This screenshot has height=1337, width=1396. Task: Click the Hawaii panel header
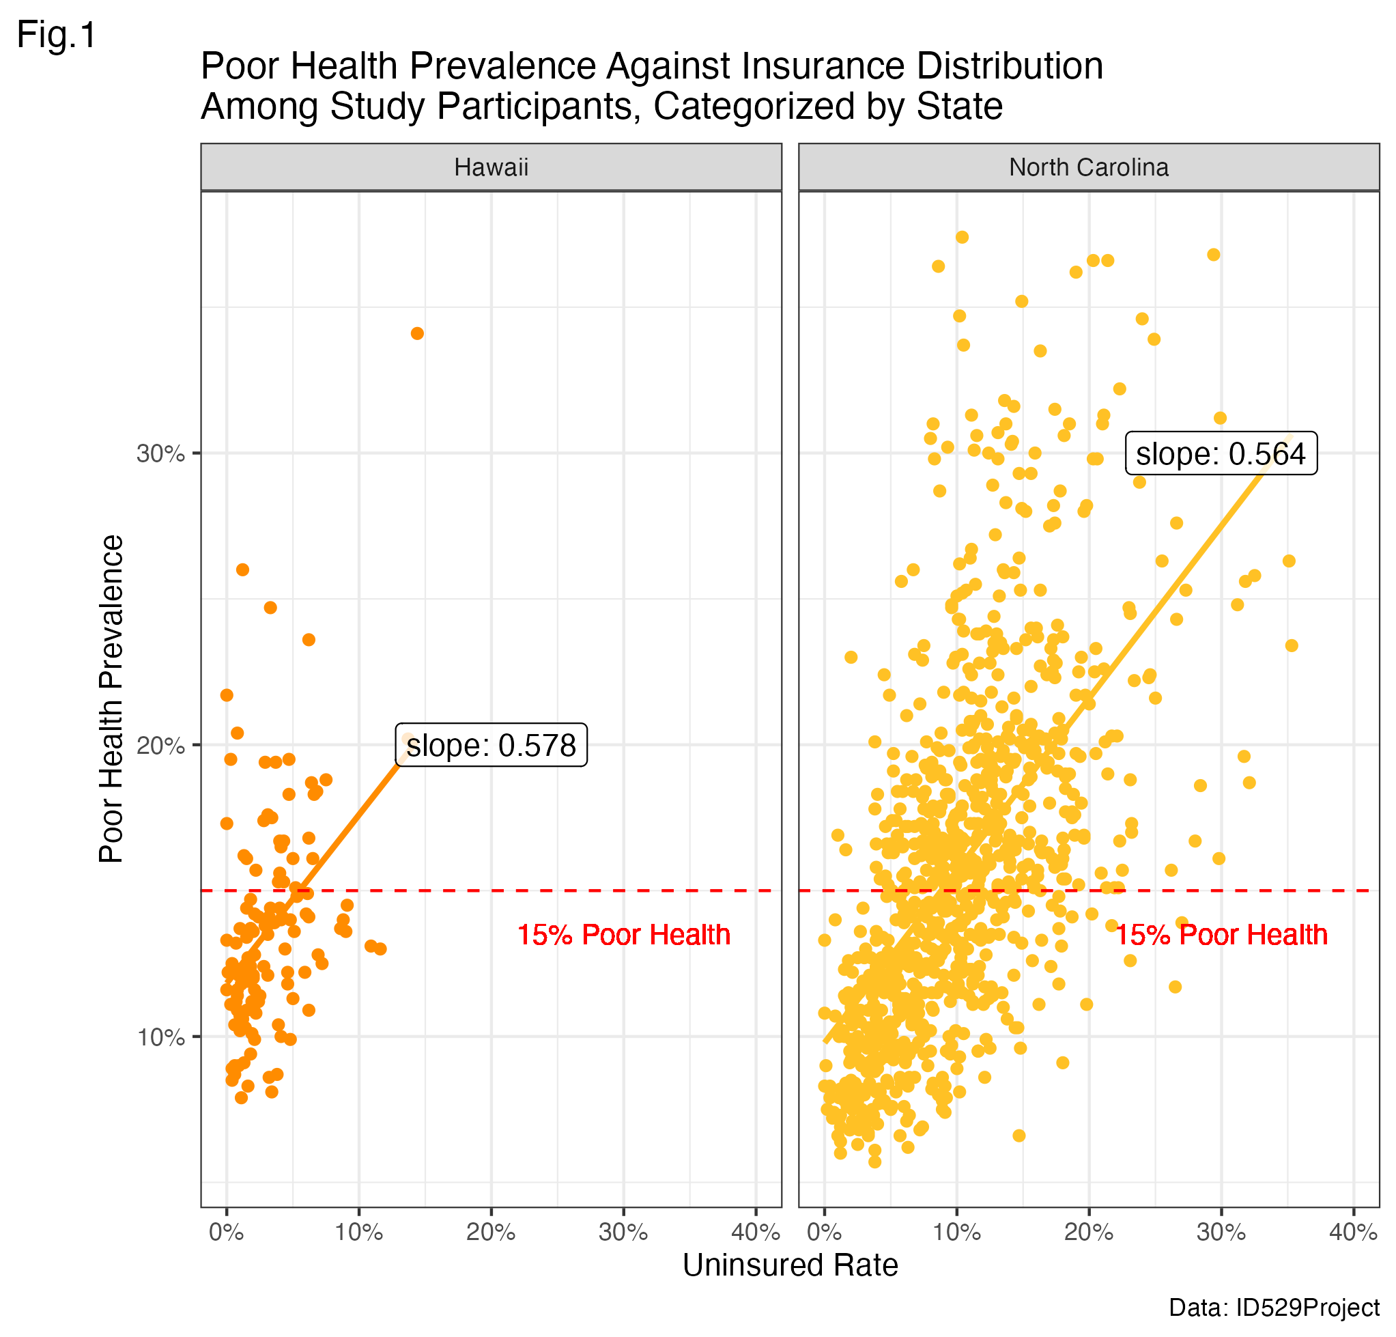coord(491,167)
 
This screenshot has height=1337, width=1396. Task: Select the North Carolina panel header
coord(1088,167)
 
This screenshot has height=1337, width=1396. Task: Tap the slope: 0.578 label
coord(491,746)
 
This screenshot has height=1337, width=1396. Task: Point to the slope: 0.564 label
coord(1221,453)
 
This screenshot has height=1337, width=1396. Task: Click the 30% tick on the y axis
coord(160,453)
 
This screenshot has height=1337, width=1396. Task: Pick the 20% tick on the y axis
coord(160,746)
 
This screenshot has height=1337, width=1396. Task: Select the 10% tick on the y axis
coord(160,1037)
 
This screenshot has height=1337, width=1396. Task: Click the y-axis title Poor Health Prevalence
coord(111,699)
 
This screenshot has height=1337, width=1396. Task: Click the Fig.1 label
coord(56,35)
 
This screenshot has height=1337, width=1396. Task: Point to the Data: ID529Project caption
coord(1274,1308)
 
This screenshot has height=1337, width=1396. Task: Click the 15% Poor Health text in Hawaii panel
coord(624,935)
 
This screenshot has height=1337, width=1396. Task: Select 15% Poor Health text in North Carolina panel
coord(1221,935)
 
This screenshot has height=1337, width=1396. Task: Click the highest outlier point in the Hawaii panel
coord(417,333)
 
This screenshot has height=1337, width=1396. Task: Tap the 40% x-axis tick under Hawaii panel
coord(756,1233)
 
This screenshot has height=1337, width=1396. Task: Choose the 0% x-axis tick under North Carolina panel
coord(824,1233)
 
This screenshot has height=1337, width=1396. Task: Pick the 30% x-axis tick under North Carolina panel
coord(1221,1233)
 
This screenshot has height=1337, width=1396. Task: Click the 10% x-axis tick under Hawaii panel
coord(359,1233)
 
